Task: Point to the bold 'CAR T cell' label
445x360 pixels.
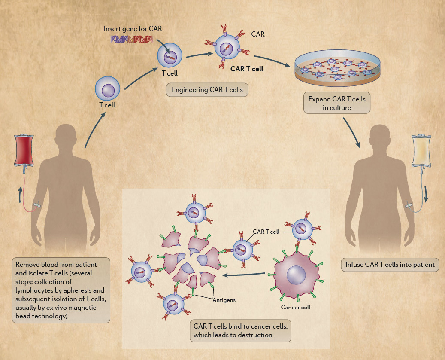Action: [x=247, y=68]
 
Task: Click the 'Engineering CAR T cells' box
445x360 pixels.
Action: [x=207, y=90]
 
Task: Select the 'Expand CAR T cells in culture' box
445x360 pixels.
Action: [x=337, y=103]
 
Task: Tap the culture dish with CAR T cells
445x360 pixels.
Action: [x=339, y=69]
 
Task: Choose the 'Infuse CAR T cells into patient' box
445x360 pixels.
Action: [x=390, y=264]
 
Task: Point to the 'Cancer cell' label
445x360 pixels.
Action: [x=295, y=307]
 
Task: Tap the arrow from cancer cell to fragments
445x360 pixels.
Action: [x=245, y=275]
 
